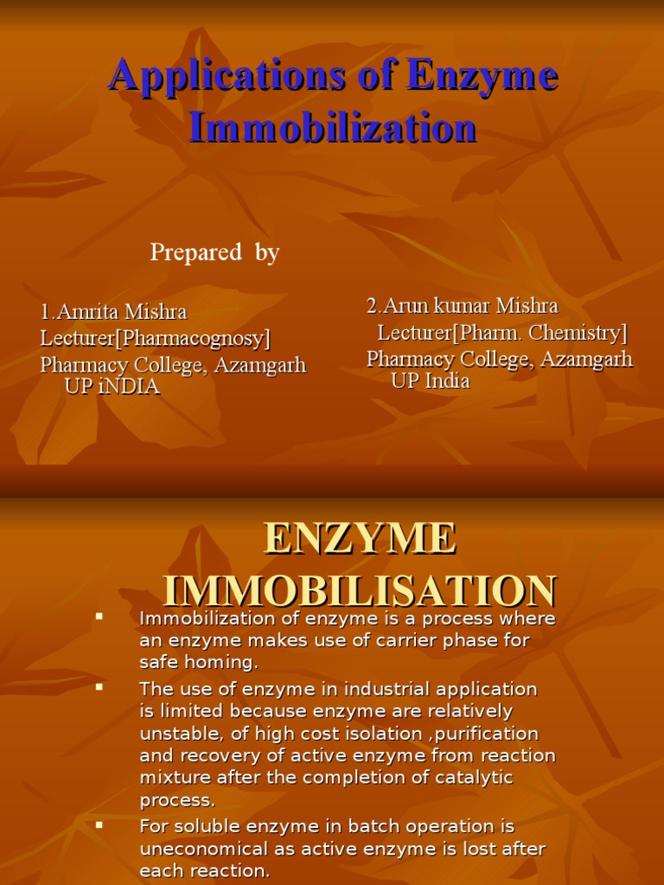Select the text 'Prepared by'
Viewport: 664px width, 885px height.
pos(214,252)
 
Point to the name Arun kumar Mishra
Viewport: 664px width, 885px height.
pos(463,306)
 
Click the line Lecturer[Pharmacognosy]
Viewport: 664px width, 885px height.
pos(156,338)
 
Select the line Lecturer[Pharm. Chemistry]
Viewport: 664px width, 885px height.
pos(502,333)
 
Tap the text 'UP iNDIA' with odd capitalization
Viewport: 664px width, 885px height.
pos(112,386)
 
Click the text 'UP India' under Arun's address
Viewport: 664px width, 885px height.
pos(431,381)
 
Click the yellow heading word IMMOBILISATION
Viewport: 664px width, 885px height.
pos(360,591)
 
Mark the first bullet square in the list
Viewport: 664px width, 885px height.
pos(99,617)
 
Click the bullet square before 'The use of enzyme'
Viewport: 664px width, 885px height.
pos(99,687)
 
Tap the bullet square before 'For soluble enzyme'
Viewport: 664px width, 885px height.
pos(99,825)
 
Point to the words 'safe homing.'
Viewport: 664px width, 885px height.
pos(199,664)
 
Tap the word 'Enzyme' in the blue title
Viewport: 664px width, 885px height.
pos(482,77)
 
